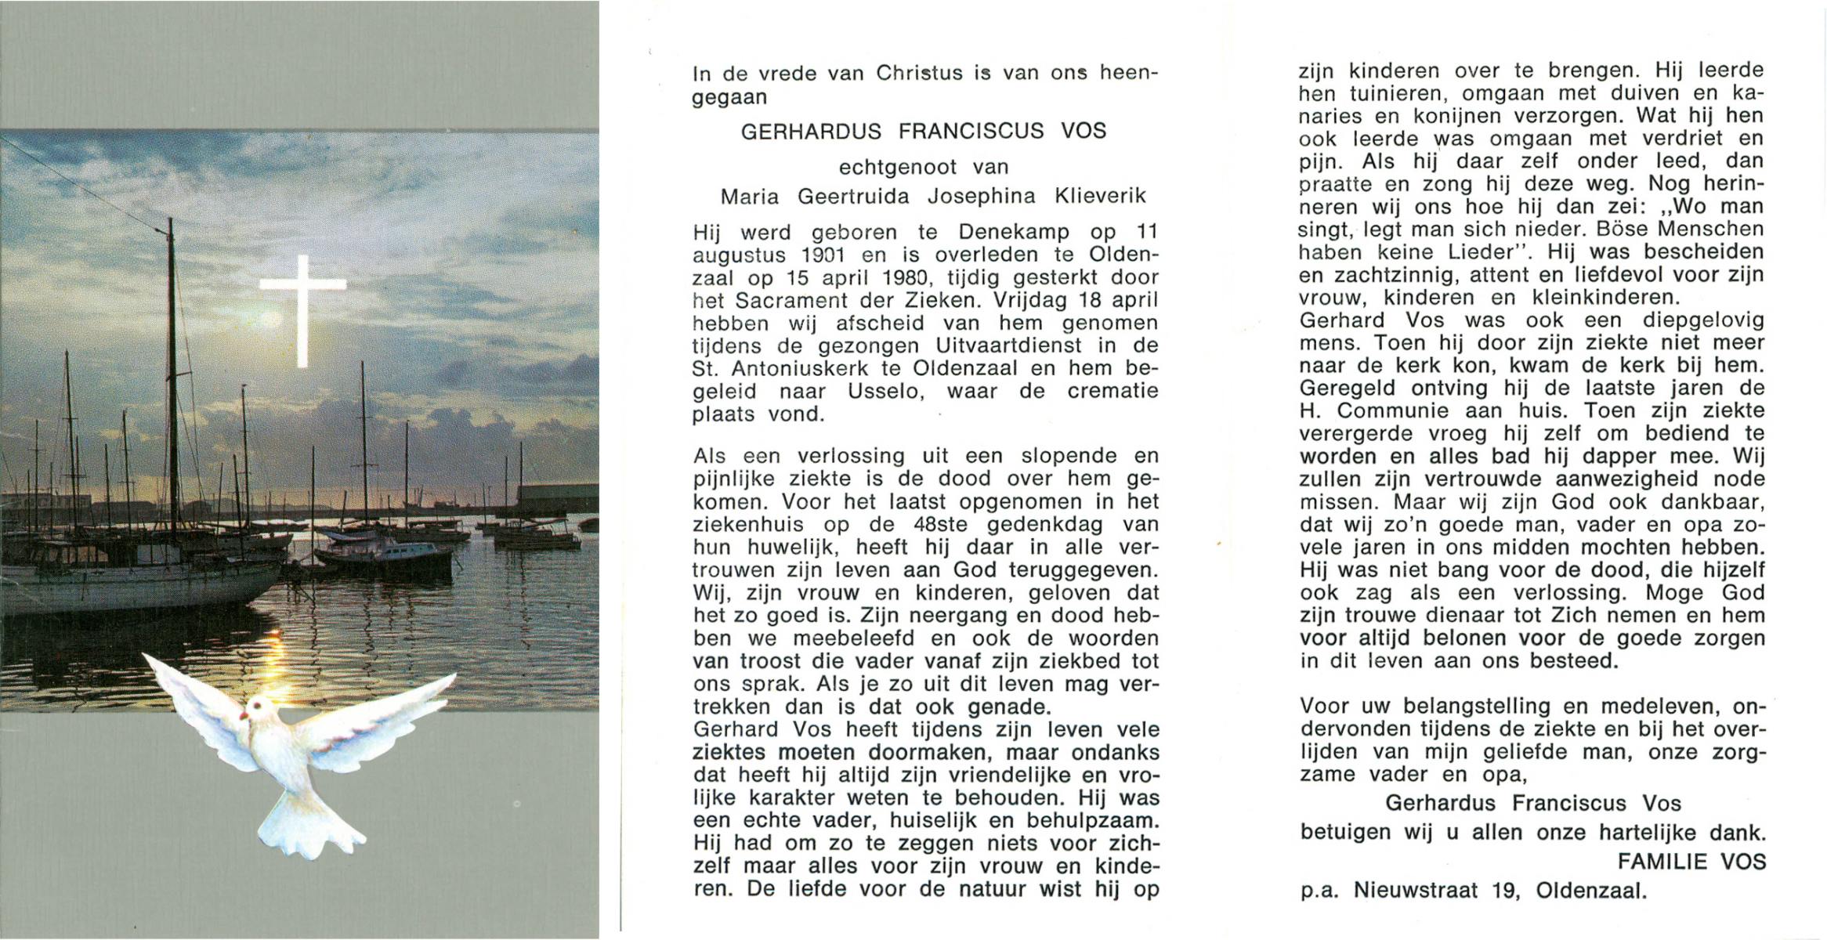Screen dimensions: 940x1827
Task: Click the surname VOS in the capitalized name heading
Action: (x=1084, y=131)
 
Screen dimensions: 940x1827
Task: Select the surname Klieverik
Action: (x=1101, y=196)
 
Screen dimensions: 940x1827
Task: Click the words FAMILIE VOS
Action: (x=1691, y=862)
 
